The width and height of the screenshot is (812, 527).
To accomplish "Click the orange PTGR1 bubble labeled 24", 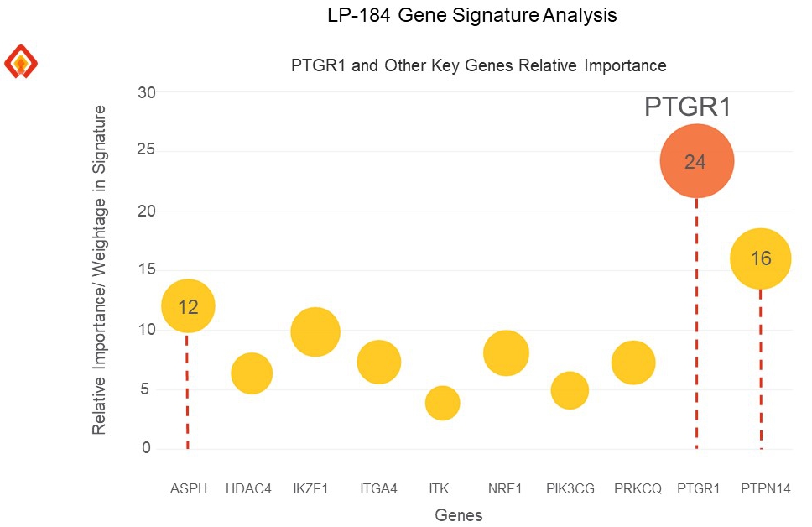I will click(696, 161).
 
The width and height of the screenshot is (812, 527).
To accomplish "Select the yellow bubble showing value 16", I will click(761, 258).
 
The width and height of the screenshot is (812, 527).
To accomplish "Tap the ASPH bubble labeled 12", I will click(188, 306).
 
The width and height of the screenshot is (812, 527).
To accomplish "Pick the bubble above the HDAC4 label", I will click(252, 373).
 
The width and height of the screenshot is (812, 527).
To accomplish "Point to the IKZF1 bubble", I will click(315, 332).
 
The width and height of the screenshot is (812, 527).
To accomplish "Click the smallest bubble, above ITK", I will click(442, 404).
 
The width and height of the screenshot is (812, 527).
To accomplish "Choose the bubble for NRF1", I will click(506, 353).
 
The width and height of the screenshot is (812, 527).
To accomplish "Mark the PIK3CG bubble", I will click(570, 390).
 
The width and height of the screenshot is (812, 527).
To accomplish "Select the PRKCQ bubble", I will click(633, 363).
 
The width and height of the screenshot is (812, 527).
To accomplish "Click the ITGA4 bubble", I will click(378, 362).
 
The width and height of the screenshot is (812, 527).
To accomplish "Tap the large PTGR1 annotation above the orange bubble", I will click(688, 107).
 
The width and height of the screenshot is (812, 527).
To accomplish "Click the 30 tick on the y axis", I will click(146, 92).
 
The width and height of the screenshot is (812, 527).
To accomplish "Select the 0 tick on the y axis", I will click(146, 448).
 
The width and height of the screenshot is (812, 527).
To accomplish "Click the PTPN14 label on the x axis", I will click(766, 488).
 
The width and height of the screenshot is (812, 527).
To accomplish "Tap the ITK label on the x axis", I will click(439, 488).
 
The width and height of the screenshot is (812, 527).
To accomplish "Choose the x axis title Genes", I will click(459, 514).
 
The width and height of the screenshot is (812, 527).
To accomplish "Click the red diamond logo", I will click(21, 61).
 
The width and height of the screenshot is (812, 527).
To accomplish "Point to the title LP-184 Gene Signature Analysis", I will click(472, 16).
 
